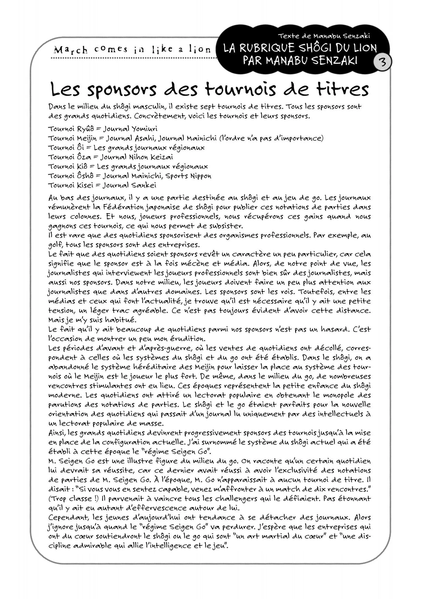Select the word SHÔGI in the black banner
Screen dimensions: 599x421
click(x=316, y=48)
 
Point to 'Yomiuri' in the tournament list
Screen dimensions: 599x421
click(x=144, y=129)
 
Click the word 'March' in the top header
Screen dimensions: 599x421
click(x=70, y=50)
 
